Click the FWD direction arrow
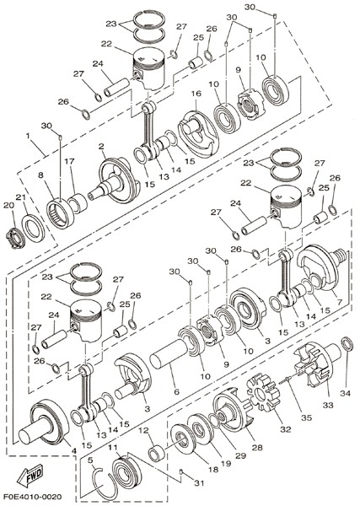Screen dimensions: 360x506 tap(30, 475)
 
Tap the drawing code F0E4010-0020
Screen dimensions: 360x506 tap(33, 496)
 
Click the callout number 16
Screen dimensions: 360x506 tap(196, 94)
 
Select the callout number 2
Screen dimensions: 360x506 tap(101, 147)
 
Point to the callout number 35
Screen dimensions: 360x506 tap(306, 417)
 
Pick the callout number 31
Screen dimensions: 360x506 tap(199, 483)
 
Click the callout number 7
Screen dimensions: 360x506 tap(339, 303)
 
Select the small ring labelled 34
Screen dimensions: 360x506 tap(347, 344)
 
